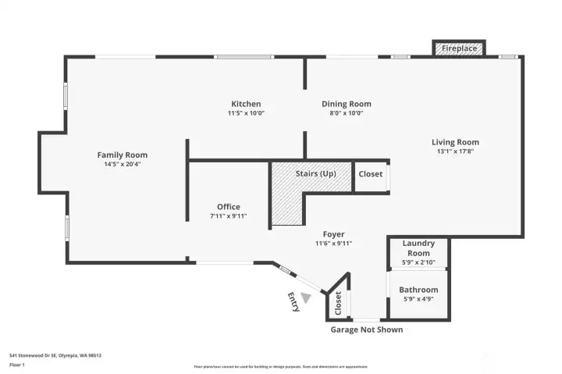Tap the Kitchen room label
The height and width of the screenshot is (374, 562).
246,104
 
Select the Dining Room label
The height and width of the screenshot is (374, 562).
347,104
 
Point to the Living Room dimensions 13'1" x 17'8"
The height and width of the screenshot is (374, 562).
456,151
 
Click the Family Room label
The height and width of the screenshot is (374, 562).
122,155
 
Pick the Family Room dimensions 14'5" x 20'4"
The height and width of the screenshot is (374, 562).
122,164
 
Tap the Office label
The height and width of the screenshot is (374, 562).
229,207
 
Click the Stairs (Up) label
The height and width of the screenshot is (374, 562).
316,173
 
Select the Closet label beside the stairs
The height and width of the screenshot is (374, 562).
371,174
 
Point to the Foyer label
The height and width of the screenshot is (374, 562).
334,234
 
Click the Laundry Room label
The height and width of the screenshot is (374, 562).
418,248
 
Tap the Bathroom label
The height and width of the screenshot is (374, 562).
418,290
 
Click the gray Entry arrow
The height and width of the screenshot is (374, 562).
307,297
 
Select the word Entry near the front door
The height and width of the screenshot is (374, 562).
293,301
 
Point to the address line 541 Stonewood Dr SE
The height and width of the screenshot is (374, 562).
55,355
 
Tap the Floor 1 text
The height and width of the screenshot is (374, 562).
18,364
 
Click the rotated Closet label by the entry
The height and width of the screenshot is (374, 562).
338,303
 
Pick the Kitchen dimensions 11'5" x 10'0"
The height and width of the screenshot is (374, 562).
246,113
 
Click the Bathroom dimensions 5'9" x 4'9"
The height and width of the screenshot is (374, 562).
418,299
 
